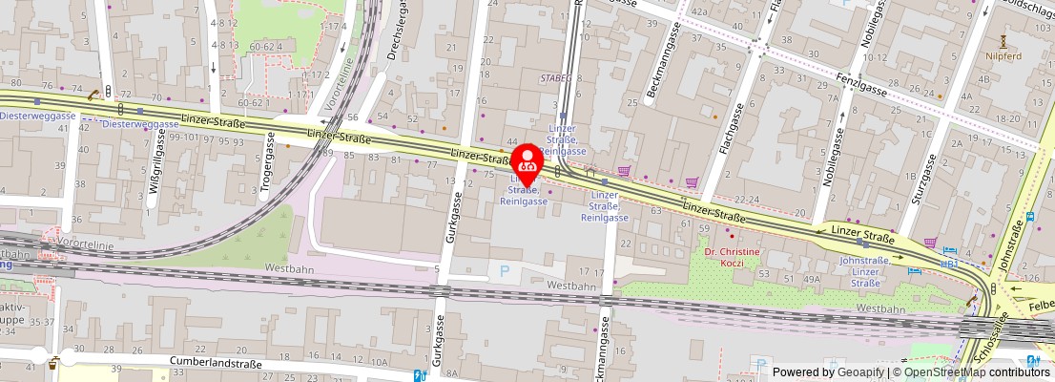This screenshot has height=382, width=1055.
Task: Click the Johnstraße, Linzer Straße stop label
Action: [864, 269]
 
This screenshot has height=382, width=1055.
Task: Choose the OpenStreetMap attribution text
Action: [970, 372]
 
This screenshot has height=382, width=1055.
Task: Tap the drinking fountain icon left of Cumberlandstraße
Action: [54, 363]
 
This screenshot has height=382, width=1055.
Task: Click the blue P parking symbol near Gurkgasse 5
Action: [506, 271]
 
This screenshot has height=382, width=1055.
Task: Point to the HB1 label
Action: [949, 262]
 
